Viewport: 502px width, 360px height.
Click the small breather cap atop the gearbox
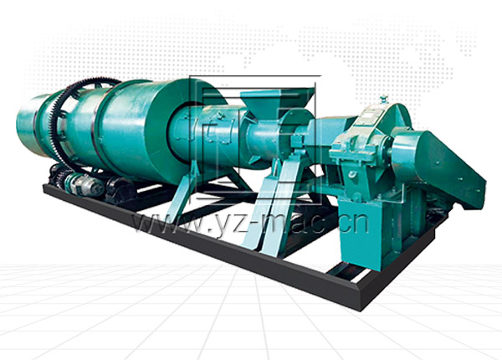coord(382,100)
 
